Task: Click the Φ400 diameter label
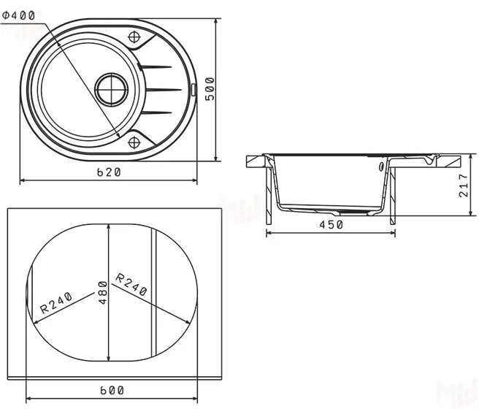19,15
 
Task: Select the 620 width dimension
109,172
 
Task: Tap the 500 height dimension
210,89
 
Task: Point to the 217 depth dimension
464,186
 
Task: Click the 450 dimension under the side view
332,225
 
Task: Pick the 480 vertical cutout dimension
103,293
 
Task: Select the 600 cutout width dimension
112,390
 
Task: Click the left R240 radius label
56,302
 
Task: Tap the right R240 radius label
131,285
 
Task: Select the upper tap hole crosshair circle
134,37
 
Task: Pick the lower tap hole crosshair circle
134,142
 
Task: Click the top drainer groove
156,66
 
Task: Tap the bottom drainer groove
156,112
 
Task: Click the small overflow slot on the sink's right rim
193,90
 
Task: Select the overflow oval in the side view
381,167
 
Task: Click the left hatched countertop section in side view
256,161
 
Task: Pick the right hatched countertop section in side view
448,161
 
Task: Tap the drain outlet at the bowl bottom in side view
354,211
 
